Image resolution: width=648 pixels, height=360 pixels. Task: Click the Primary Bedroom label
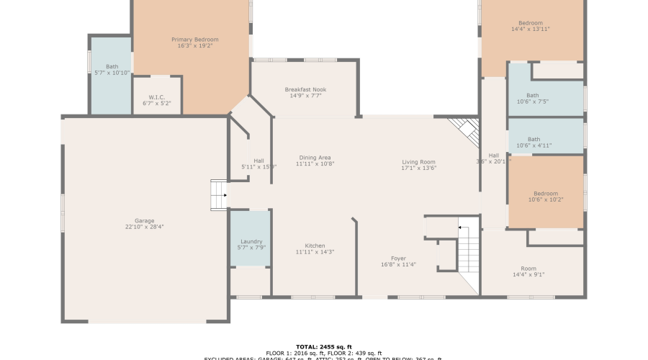(x=194, y=40)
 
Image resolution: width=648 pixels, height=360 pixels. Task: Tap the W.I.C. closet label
(x=158, y=97)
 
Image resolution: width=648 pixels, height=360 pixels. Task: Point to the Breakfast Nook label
(x=307, y=90)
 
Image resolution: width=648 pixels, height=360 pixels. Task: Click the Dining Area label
(x=315, y=158)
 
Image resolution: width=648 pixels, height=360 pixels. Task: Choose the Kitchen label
(x=315, y=246)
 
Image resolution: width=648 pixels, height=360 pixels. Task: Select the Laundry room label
(x=251, y=242)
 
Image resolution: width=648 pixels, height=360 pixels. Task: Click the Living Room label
(x=419, y=162)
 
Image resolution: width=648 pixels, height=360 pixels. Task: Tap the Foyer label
(x=398, y=258)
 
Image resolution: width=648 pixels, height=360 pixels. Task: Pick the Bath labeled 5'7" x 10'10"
(x=112, y=66)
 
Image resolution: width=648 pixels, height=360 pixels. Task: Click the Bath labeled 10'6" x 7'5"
(x=532, y=95)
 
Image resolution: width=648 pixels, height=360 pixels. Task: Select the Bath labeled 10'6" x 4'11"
(x=534, y=140)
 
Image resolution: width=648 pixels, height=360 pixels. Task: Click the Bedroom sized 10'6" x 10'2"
(x=545, y=193)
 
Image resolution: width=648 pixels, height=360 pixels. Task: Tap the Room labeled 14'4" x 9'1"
(x=528, y=269)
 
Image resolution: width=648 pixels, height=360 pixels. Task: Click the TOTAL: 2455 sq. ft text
(x=323, y=346)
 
